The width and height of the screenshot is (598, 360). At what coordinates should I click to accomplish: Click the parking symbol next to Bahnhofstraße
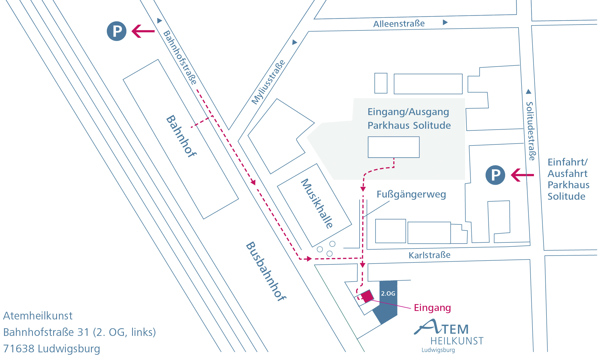click(x=116, y=31)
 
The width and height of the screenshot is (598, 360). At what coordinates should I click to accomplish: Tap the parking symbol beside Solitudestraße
click(x=495, y=175)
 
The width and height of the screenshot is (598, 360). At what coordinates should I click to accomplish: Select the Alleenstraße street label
click(x=399, y=24)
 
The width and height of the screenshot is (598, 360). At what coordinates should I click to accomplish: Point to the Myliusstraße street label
click(x=268, y=82)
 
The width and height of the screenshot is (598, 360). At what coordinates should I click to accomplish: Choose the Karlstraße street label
click(x=429, y=255)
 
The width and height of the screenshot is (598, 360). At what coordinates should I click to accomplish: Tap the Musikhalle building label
click(x=317, y=203)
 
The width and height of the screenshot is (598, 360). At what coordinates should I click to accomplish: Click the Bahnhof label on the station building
click(x=181, y=136)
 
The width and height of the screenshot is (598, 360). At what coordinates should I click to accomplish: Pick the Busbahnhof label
click(x=266, y=271)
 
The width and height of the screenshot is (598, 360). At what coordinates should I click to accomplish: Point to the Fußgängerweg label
click(x=411, y=194)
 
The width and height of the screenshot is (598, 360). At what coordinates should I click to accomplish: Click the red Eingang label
click(x=432, y=308)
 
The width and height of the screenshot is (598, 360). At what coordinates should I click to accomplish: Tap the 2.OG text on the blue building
click(x=388, y=293)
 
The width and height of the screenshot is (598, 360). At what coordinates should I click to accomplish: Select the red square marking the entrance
click(x=367, y=296)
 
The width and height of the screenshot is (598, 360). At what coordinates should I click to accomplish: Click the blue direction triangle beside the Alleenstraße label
click(x=445, y=22)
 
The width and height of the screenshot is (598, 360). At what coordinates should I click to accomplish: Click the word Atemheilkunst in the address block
click(x=38, y=316)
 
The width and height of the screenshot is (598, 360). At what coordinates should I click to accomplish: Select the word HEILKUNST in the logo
click(x=457, y=341)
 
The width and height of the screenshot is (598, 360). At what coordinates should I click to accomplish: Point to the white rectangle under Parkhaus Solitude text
click(x=394, y=147)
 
